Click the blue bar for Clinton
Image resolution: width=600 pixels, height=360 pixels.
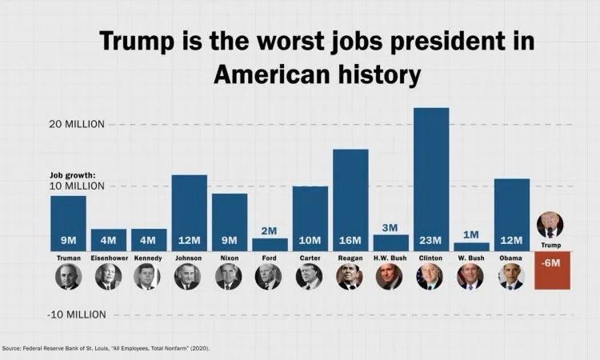tap(431, 176)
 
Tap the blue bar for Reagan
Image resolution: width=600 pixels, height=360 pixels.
tap(350, 196)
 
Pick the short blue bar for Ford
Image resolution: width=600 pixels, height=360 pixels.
tap(270, 244)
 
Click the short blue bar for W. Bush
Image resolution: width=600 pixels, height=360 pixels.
tap(471, 246)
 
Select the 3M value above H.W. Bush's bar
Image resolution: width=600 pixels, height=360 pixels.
tap(390, 228)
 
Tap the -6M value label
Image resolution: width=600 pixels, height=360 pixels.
tap(550, 263)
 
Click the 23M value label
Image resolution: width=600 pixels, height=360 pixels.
tap(431, 241)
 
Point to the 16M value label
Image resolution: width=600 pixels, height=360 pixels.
tap(350, 241)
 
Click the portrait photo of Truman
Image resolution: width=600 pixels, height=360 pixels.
tap(68, 277)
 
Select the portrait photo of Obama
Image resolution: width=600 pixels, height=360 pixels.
tap(511, 277)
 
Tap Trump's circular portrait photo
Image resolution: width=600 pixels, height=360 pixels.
tap(550, 225)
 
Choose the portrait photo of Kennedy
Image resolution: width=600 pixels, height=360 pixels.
tap(149, 277)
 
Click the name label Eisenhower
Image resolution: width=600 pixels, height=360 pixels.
tap(108, 258)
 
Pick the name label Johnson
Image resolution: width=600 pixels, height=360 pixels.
tap(189, 258)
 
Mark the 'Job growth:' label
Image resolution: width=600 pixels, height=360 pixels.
tap(73, 175)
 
